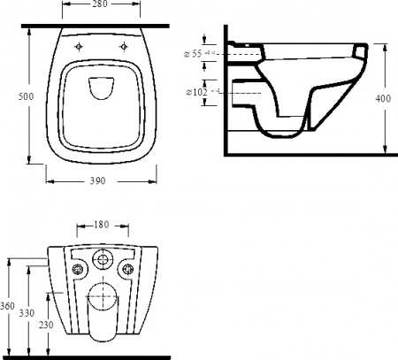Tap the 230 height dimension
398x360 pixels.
[45, 326]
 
